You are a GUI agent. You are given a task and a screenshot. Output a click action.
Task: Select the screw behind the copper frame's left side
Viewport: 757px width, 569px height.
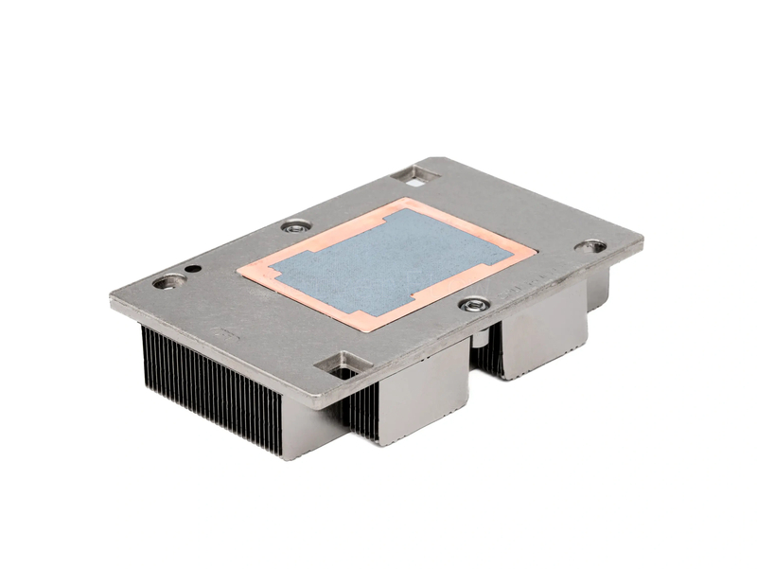tap(295, 226)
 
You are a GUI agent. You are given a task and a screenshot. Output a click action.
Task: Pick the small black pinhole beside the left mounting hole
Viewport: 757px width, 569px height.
tap(193, 269)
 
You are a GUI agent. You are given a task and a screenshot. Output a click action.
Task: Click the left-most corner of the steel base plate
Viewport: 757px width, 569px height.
tap(111, 301)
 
